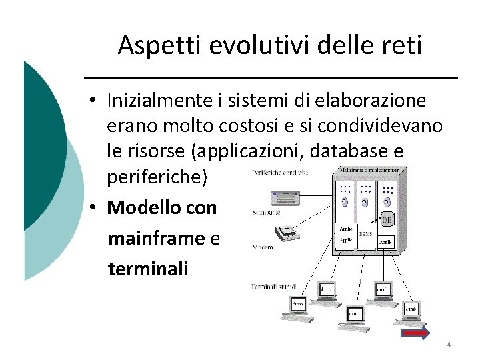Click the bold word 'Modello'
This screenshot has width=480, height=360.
(x=139, y=207)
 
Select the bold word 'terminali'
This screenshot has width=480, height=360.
(x=148, y=269)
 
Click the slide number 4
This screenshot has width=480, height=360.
(x=449, y=345)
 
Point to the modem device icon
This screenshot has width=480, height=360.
(x=288, y=233)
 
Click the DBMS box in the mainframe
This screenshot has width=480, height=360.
(x=366, y=234)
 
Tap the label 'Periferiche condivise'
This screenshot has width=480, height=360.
(x=280, y=173)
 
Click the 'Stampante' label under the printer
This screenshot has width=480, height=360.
(x=266, y=213)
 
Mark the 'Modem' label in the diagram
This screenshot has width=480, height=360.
(x=262, y=247)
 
